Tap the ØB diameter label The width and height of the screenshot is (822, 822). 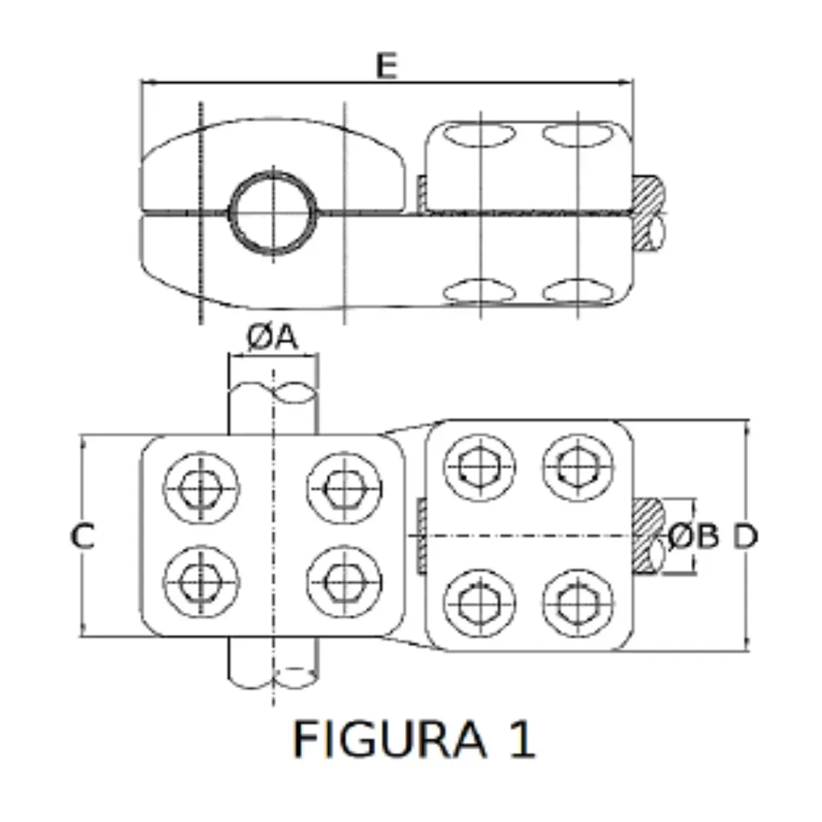pyautogui.click(x=693, y=537)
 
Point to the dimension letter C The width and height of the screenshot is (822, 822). pyautogui.click(x=83, y=537)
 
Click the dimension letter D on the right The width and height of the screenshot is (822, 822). pyautogui.click(x=745, y=537)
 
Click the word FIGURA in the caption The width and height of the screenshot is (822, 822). pyautogui.click(x=389, y=739)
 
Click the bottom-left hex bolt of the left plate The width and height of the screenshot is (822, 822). pyautogui.click(x=200, y=583)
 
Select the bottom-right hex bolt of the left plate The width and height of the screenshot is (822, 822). pyautogui.click(x=343, y=583)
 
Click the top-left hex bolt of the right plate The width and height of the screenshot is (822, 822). pyautogui.click(x=479, y=467)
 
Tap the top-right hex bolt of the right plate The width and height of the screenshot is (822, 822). pyautogui.click(x=578, y=467)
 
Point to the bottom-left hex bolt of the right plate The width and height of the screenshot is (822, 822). pyautogui.click(x=479, y=603)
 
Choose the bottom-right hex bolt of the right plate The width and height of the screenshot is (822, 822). pyautogui.click(x=578, y=603)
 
